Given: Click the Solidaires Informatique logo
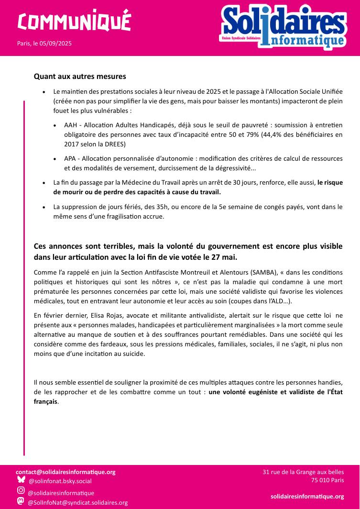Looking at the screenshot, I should click(x=284, y=27).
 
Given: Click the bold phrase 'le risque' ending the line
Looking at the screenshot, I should click(x=330, y=182).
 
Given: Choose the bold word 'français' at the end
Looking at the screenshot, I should click(x=45, y=402).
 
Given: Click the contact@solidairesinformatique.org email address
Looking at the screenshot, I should click(x=65, y=472).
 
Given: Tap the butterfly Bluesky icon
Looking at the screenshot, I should click(x=21, y=480).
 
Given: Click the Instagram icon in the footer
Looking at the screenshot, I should click(x=21, y=490).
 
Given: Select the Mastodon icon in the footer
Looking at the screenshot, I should click(x=21, y=501).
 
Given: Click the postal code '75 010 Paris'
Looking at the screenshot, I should click(x=327, y=480).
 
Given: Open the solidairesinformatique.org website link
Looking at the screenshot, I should click(x=307, y=497).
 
